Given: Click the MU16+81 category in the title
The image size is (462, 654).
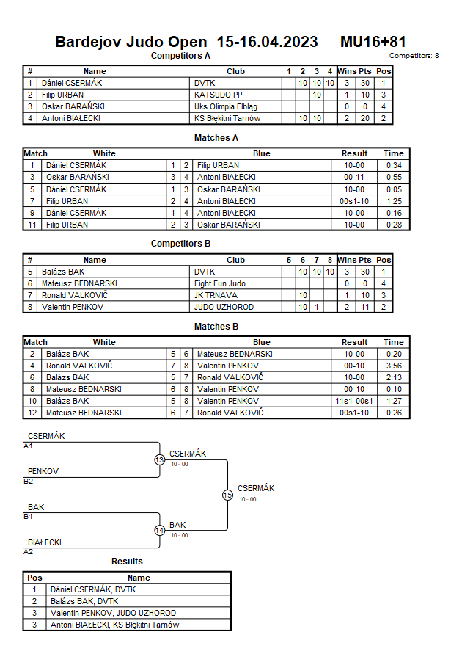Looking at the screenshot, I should (x=373, y=42).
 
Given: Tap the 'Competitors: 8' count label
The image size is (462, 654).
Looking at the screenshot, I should (x=414, y=56).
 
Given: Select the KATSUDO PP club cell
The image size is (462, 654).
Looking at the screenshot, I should (x=218, y=95).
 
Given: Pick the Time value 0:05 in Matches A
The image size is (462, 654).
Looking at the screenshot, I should (x=393, y=189).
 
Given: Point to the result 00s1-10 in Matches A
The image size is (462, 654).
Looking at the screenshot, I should (x=354, y=201).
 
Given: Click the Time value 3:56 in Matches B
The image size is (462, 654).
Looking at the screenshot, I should (x=393, y=366).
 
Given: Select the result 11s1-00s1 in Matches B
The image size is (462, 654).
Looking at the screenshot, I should (x=354, y=401).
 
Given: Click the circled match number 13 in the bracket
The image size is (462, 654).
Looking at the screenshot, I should (x=160, y=460).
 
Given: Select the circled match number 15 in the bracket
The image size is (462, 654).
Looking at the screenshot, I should (x=227, y=495).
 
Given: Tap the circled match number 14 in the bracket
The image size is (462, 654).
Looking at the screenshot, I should (x=160, y=531).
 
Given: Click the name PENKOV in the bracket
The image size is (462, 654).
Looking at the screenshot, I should (x=43, y=471).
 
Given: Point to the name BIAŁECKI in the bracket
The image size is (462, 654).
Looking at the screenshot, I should (x=45, y=542).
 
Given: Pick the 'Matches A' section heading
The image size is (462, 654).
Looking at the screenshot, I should (x=216, y=137).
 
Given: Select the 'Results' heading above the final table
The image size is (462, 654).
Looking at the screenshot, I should (x=127, y=562).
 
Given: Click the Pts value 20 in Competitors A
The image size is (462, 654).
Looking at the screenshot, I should (x=364, y=118).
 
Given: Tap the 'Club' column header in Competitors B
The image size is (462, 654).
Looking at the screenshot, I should (x=235, y=260).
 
